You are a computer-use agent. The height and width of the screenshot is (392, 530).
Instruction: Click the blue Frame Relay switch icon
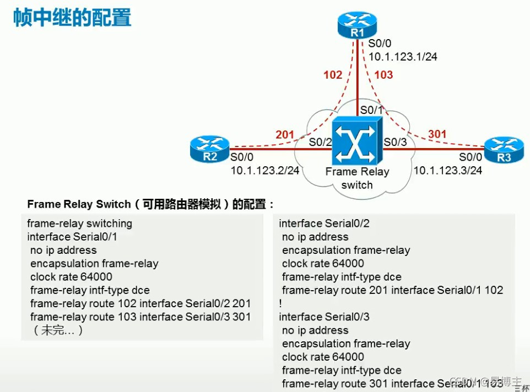pyautogui.click(x=357, y=141)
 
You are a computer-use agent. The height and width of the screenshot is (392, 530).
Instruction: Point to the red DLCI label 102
pyautogui.click(x=333, y=75)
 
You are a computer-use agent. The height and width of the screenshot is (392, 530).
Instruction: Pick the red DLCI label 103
pyautogui.click(x=383, y=75)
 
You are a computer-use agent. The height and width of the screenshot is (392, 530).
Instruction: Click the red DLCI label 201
pyautogui.click(x=285, y=135)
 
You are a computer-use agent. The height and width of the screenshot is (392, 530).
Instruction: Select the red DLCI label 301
pyautogui.click(x=437, y=134)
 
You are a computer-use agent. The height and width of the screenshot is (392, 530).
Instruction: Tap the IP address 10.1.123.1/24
pyautogui.click(x=403, y=57)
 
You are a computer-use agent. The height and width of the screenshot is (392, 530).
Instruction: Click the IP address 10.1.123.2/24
pyautogui.click(x=265, y=170)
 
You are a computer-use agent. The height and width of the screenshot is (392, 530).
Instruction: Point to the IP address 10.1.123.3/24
pyautogui.click(x=448, y=170)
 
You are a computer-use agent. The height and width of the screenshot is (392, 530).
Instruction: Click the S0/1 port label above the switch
pyautogui.click(x=372, y=110)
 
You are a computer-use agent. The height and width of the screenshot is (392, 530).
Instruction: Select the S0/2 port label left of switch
pyautogui.click(x=320, y=142)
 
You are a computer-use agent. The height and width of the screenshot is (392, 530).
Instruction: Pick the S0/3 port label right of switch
pyautogui.click(x=395, y=142)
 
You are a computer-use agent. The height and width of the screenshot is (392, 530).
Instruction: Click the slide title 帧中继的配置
pyautogui.click(x=73, y=18)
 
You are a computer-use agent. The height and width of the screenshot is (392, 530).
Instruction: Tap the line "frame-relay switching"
pyautogui.click(x=80, y=224)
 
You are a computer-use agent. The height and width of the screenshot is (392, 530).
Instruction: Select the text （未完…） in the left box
pyautogui.click(x=58, y=330)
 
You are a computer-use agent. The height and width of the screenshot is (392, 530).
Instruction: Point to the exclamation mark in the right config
pyautogui.click(x=280, y=303)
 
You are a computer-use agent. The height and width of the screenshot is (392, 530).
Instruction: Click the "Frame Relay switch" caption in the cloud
pyautogui.click(x=357, y=178)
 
